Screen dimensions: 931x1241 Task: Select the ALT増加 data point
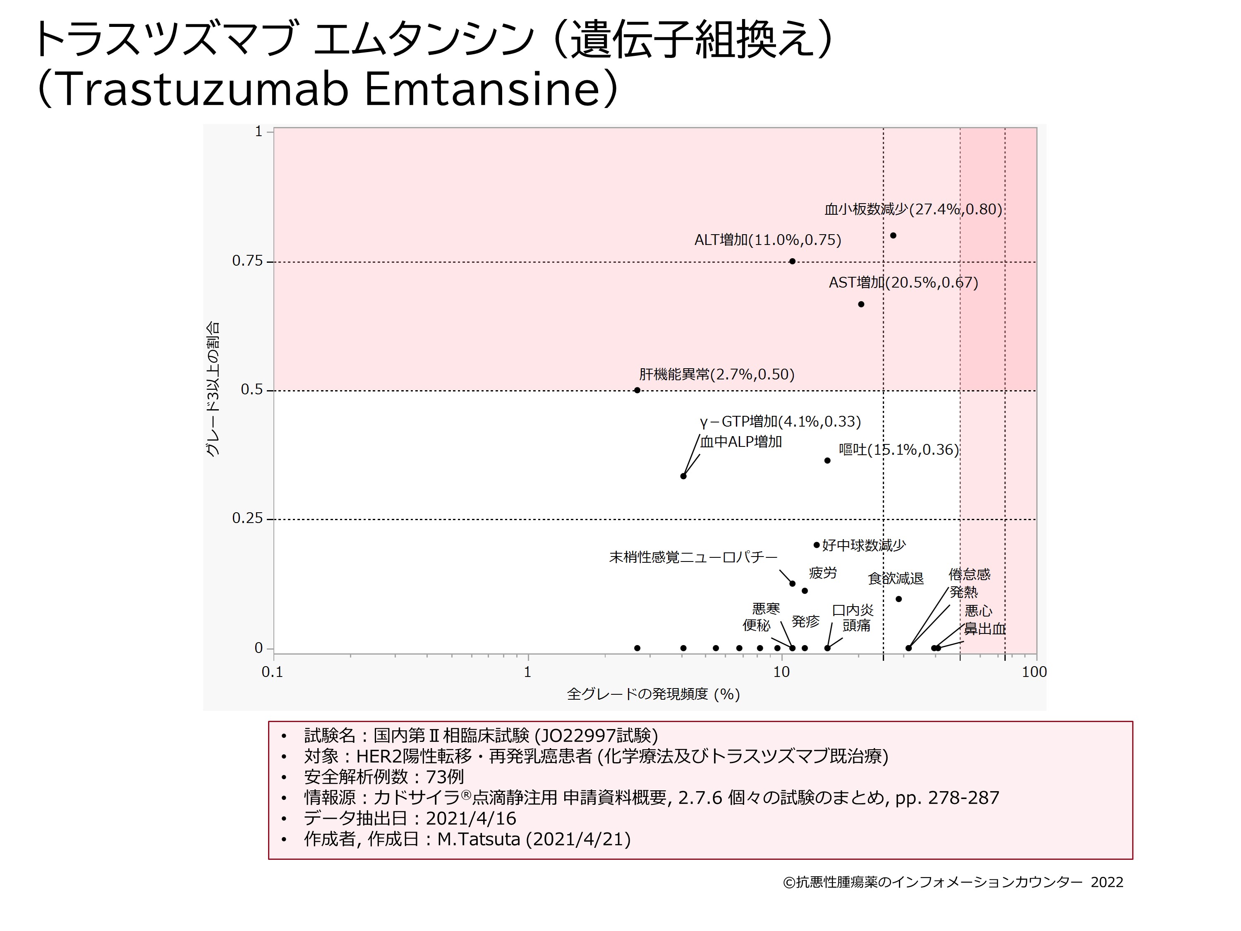coord(792,262)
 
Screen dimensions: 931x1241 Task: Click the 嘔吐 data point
coord(827,461)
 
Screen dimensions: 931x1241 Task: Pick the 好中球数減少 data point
coord(816,545)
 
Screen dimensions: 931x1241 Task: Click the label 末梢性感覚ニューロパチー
coord(693,557)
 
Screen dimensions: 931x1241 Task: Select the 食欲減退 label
coord(896,578)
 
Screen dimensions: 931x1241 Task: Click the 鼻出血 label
coord(985,629)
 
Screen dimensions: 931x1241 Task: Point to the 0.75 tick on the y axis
coord(247,261)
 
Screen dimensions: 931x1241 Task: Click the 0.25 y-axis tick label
coord(247,518)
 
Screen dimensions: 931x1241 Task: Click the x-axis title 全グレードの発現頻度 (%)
coord(654,695)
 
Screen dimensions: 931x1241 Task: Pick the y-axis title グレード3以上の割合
coord(212,389)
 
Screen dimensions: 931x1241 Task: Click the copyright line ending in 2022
coord(953,882)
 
